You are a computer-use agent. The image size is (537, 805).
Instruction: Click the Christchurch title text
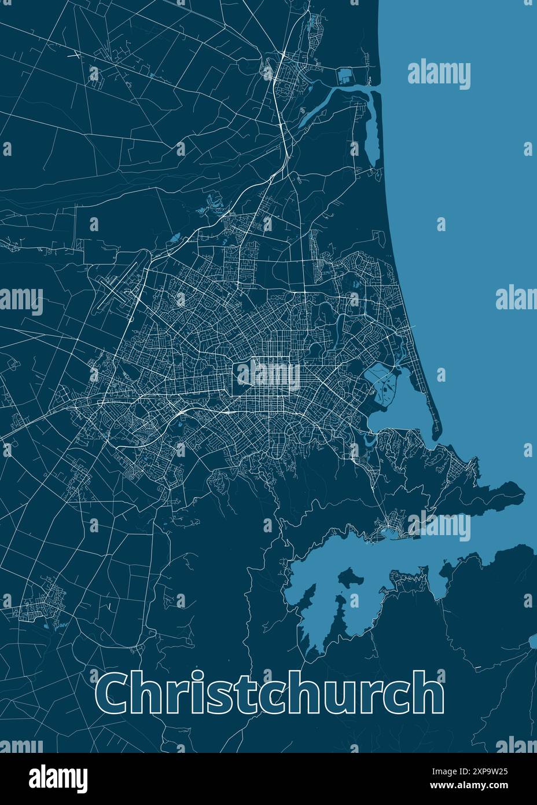coord(270,693)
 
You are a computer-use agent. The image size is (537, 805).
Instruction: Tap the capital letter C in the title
coord(113,693)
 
